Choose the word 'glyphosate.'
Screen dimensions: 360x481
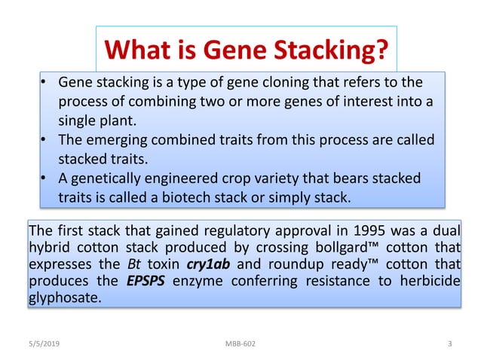63,297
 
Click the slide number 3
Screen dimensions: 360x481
449,344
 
